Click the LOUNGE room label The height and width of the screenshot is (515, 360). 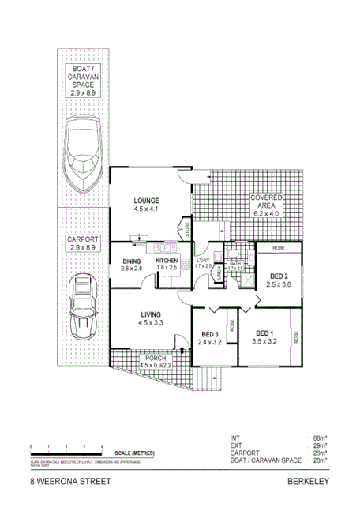[x=146, y=204]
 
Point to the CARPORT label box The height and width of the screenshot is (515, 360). [x=81, y=242]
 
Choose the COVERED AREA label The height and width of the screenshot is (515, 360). [x=266, y=205]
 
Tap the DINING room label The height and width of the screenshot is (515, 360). [x=131, y=264]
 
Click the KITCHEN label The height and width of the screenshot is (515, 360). [x=167, y=264]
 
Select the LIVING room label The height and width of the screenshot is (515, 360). [x=150, y=318]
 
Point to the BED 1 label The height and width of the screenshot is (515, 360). [x=264, y=337]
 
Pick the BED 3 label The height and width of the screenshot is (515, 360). [x=208, y=338]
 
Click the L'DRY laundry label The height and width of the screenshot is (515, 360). [x=203, y=262]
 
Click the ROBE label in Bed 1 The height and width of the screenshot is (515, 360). [x=297, y=336]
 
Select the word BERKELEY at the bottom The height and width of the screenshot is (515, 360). [x=308, y=479]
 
